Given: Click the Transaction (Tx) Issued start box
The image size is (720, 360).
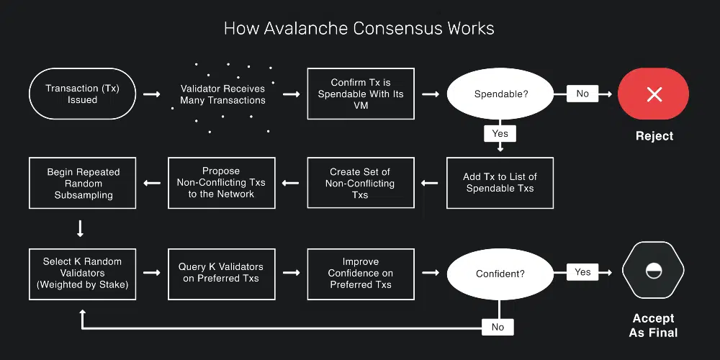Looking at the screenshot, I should click(82, 94).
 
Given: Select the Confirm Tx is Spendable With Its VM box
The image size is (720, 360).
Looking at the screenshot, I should click(361, 94).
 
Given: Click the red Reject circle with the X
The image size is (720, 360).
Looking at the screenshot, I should click(654, 94).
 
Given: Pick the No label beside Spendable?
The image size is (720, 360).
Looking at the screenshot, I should click(582, 94).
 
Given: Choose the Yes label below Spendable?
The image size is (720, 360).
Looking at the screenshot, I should click(500, 133).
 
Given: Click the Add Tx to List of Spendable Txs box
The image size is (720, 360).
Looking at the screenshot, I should click(500, 183).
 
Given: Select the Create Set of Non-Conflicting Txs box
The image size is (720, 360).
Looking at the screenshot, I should click(361, 183).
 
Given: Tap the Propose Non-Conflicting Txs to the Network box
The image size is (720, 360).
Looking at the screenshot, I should click(221, 183).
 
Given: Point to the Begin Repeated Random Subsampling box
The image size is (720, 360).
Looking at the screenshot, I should click(83, 183).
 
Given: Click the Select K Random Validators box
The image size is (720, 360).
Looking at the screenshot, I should click(83, 273).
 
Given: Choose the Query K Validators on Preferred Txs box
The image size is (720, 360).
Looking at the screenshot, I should click(221, 273).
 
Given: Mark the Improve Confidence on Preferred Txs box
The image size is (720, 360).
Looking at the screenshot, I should click(361, 273).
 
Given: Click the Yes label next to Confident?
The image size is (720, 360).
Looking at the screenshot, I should click(582, 272).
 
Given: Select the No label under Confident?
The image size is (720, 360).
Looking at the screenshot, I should click(498, 327).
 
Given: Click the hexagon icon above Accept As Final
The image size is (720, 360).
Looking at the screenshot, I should click(654, 271).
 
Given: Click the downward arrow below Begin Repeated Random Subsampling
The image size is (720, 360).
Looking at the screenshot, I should click(81, 229).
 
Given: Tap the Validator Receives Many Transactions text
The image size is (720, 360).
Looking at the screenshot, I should click(222, 94).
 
